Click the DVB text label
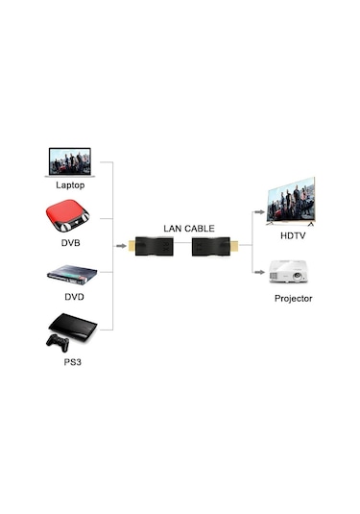pyautogui.click(x=69, y=242)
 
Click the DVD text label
pyautogui.click(x=74, y=296)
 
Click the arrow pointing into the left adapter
pyautogui.click(x=122, y=248)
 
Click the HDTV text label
pyautogui.click(x=292, y=235)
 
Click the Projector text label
pyautogui.click(x=293, y=299)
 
